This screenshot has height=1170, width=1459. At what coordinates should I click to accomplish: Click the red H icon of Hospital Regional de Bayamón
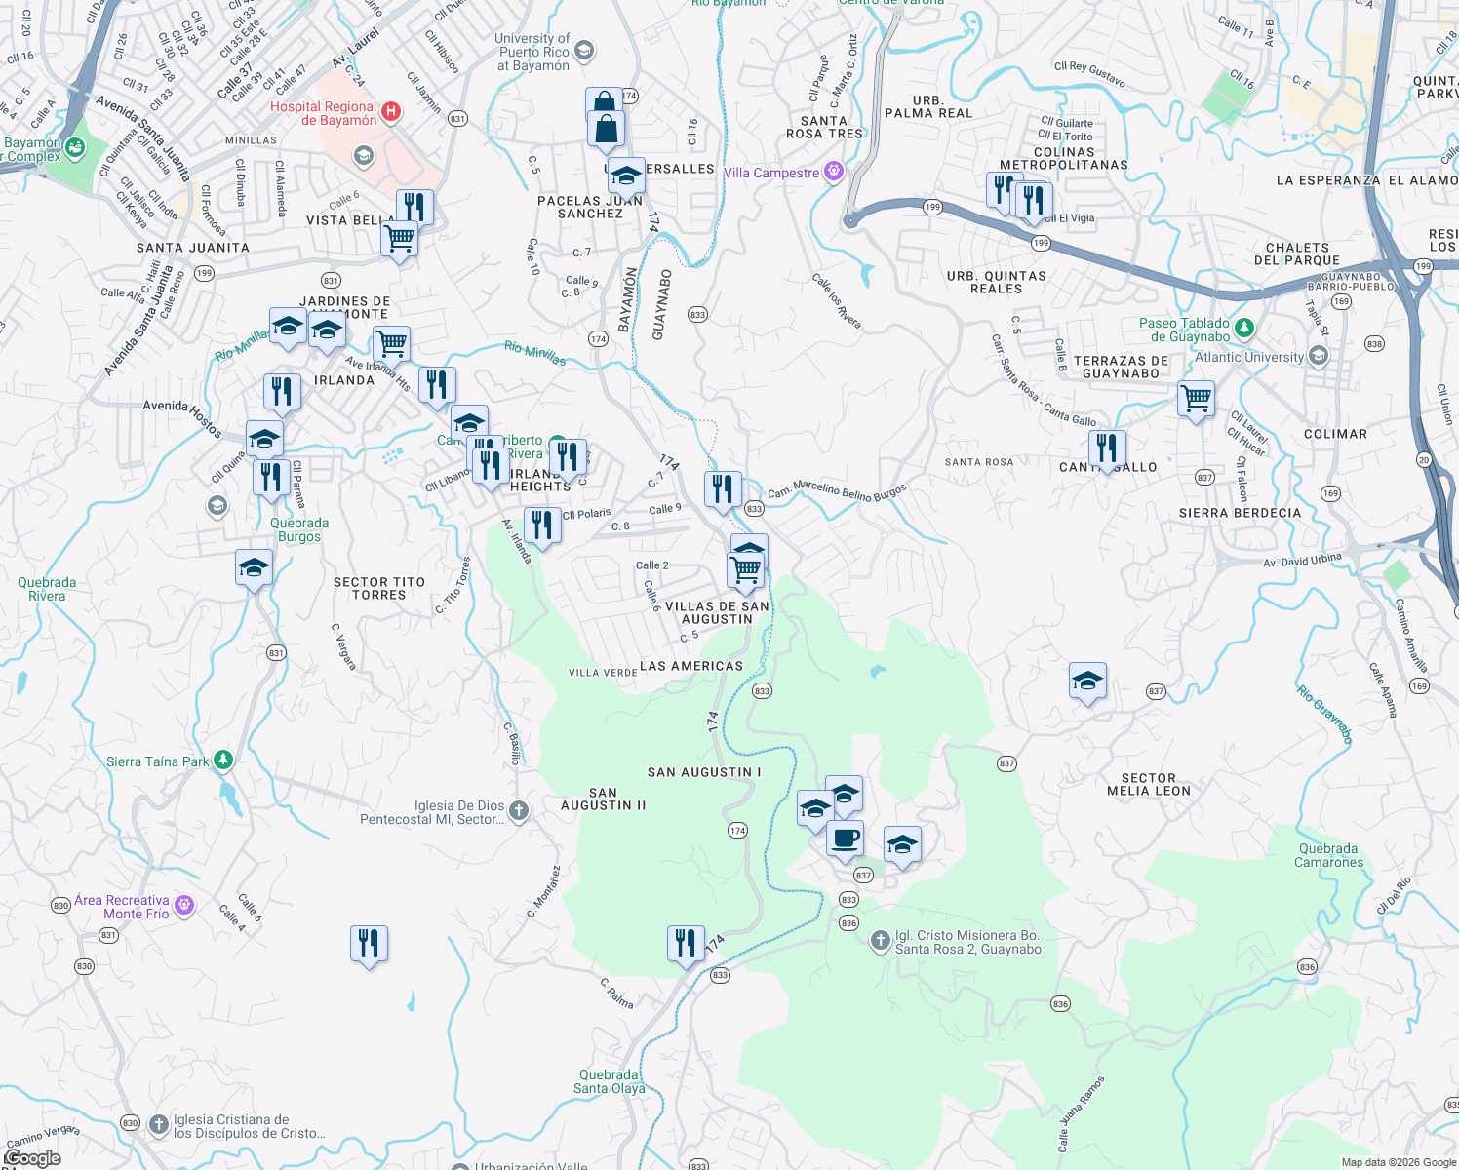pyautogui.click(x=391, y=112)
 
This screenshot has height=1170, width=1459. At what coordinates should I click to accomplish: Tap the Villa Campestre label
pyautogui.click(x=771, y=174)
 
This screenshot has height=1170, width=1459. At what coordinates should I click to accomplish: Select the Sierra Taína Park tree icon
pyautogui.click(x=223, y=760)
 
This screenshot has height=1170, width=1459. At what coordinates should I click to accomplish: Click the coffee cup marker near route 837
pyautogui.click(x=845, y=838)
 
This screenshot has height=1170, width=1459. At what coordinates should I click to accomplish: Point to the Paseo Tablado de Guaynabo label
pyautogui.click(x=1184, y=330)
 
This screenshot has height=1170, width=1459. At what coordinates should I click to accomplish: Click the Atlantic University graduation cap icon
pyautogui.click(x=1318, y=357)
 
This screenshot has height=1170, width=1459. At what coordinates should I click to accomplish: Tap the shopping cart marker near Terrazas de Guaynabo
pyautogui.click(x=1196, y=398)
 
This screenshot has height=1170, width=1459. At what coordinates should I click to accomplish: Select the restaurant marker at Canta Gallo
pyautogui.click(x=1107, y=449)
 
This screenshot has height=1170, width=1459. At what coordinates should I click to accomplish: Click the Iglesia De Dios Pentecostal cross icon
pyautogui.click(x=519, y=810)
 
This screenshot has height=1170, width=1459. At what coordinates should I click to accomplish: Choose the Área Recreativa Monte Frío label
pyautogui.click(x=123, y=907)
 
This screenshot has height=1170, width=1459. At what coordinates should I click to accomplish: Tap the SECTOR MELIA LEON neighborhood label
pyautogui.click(x=1148, y=785)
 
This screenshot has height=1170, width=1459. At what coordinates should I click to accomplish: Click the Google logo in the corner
pyautogui.click(x=32, y=1157)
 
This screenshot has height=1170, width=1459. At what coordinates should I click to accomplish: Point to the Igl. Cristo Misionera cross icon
pyautogui.click(x=880, y=941)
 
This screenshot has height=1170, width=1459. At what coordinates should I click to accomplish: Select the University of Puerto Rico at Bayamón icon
pyautogui.click(x=583, y=51)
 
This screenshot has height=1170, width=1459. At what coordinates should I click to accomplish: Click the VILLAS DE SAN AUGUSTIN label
pyautogui.click(x=717, y=612)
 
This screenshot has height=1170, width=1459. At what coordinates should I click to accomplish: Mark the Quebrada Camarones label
pyautogui.click(x=1328, y=855)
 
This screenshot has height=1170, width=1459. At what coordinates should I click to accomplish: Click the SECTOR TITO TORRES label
pyautogui.click(x=379, y=588)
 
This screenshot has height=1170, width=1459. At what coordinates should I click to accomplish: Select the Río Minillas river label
pyautogui.click(x=534, y=352)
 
